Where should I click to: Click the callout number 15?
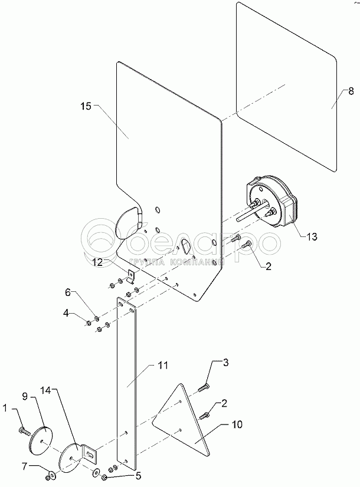pyautogui.click(x=86, y=106)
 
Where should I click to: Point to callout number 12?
pyautogui.click(x=97, y=260)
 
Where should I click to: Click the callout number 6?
pyautogui.click(x=67, y=292)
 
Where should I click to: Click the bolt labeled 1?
pyautogui.click(x=23, y=432)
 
